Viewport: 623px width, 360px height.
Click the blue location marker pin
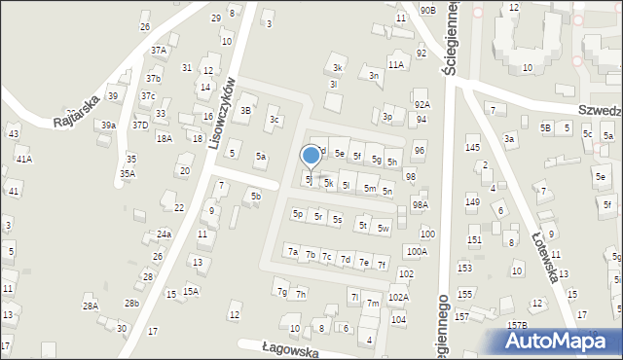click(311, 156)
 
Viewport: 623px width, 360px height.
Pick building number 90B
click(427, 10)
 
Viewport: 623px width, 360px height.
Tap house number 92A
click(421, 104)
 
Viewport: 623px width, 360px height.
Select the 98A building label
click(420, 205)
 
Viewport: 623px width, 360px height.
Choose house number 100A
click(417, 251)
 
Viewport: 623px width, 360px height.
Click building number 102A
click(398, 298)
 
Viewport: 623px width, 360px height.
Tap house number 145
click(472, 147)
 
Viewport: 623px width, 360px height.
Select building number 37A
click(158, 50)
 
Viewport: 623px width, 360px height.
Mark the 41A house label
click(23, 159)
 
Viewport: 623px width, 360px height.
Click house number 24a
click(165, 234)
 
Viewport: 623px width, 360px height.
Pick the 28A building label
click(90, 306)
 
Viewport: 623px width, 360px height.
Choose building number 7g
click(281, 292)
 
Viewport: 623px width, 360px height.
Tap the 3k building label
click(338, 67)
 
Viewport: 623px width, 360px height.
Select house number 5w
click(384, 229)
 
